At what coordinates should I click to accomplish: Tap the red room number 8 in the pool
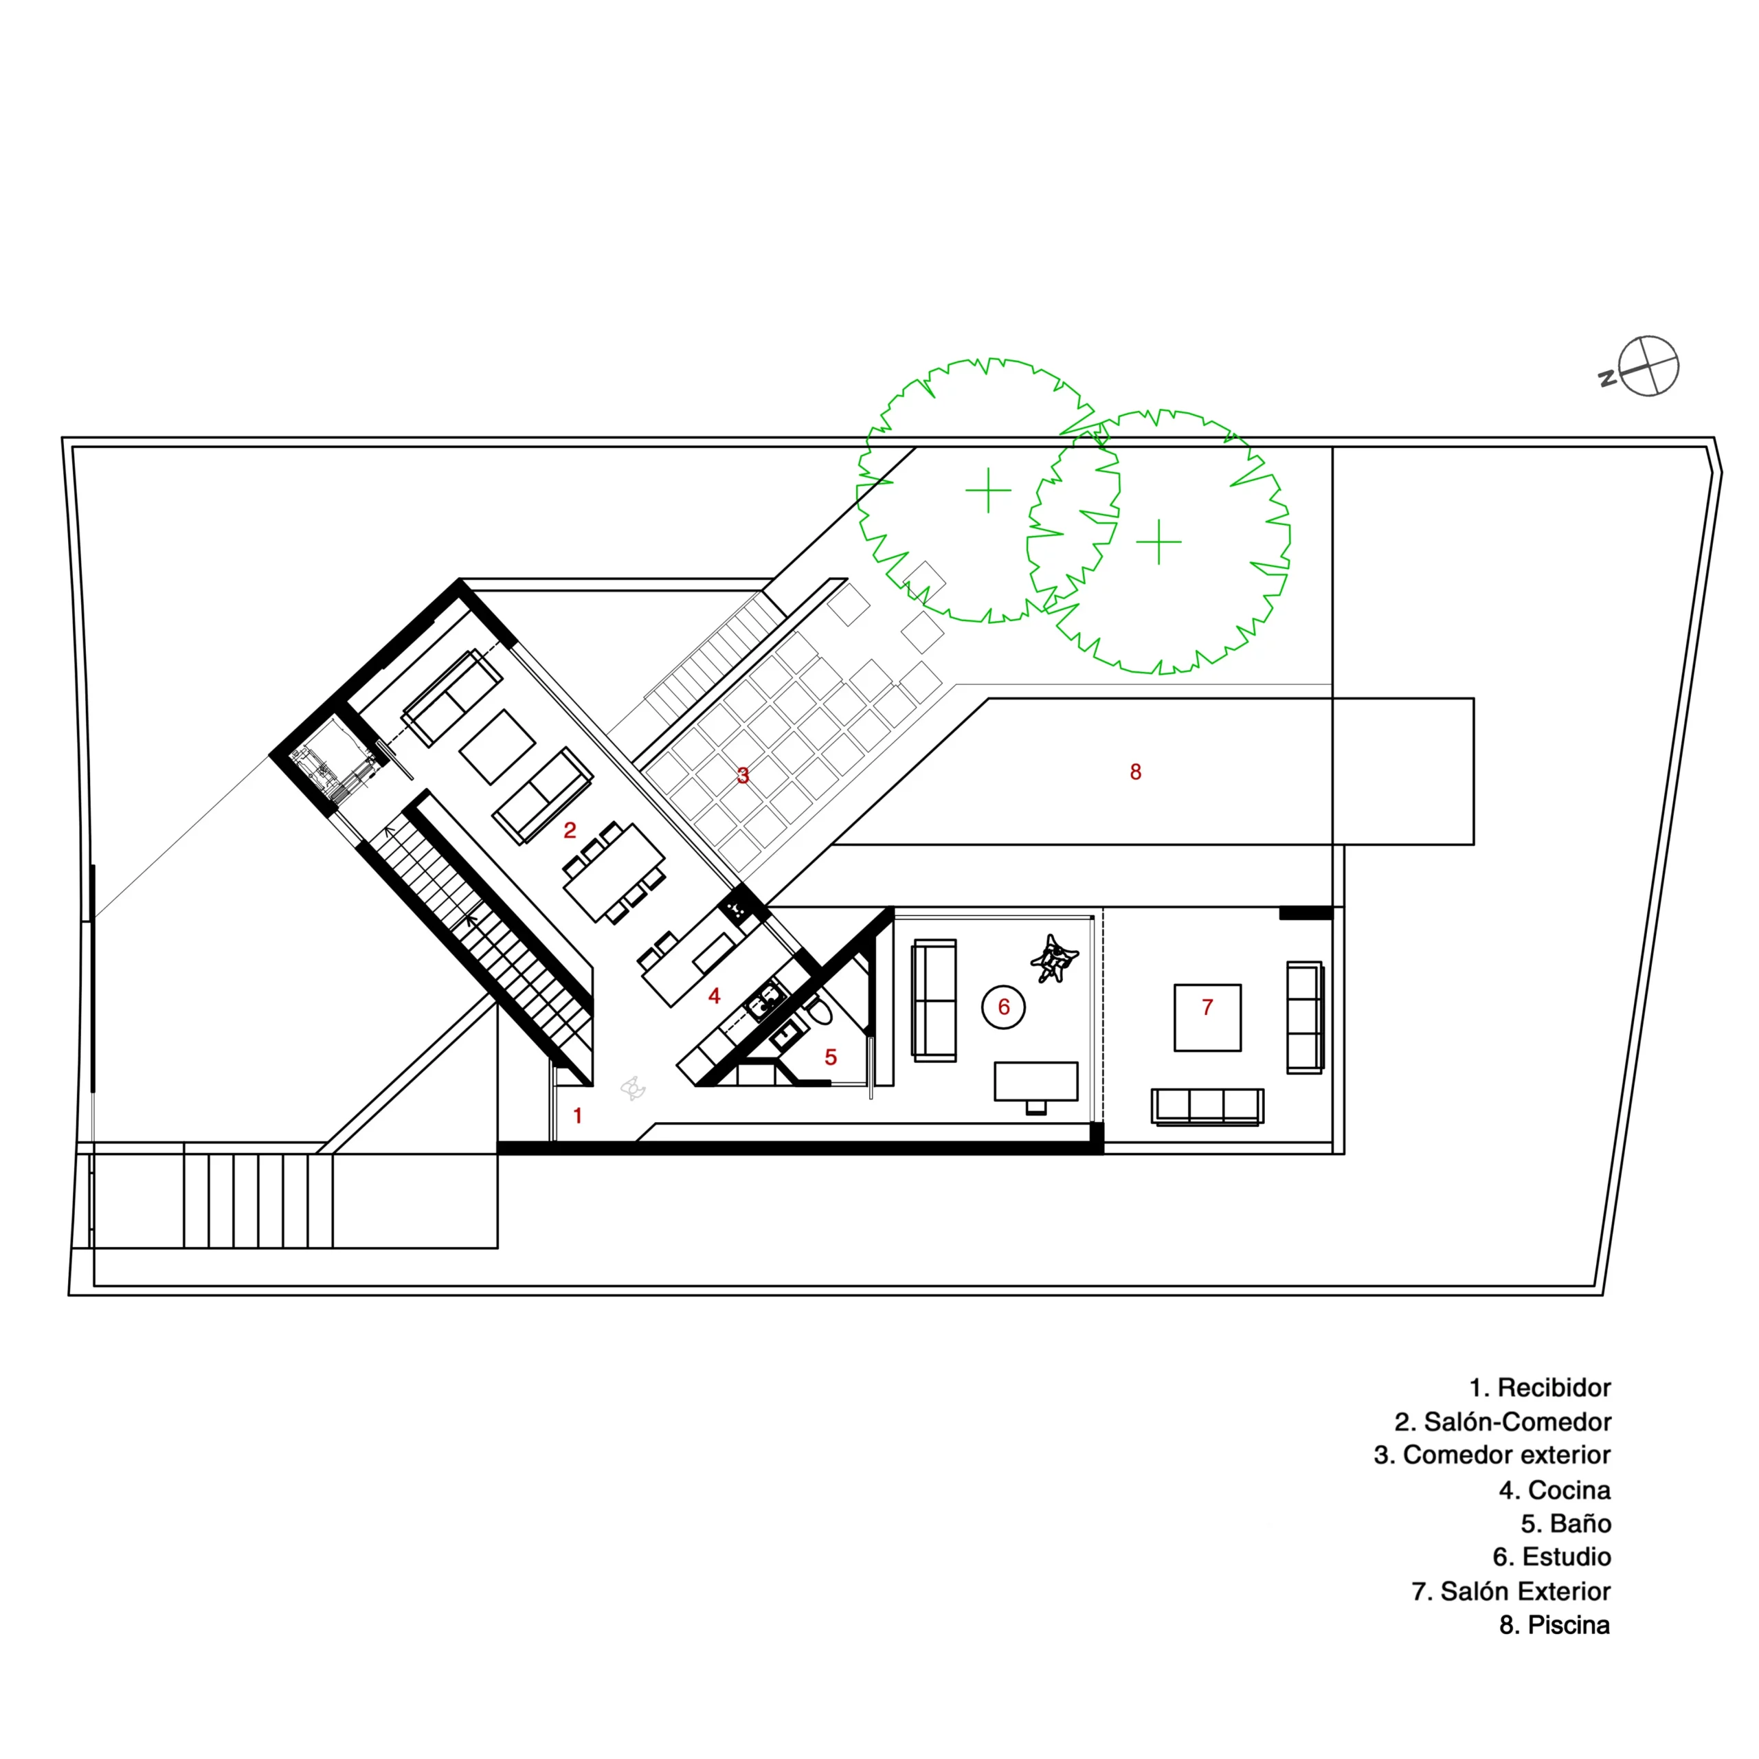coord(1135,772)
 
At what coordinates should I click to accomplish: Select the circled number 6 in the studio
coord(1003,1007)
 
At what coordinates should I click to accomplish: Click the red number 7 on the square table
coord(1207,1007)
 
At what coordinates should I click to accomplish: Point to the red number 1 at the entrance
coord(577,1115)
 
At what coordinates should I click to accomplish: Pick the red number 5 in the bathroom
coord(830,1057)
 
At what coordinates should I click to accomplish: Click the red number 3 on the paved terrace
coord(743,776)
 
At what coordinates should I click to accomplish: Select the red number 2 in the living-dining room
coord(570,830)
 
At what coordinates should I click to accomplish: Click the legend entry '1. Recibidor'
coord(1540,1387)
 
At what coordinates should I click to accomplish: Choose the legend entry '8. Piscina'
coord(1554,1624)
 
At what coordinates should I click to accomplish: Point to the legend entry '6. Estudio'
coord(1551,1557)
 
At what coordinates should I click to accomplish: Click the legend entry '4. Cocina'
coord(1554,1490)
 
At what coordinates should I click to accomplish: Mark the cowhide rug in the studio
coord(1054,959)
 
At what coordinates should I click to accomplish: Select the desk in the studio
coord(1036,1081)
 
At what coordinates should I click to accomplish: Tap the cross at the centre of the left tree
coord(988,491)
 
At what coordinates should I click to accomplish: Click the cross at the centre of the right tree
coord(1159,541)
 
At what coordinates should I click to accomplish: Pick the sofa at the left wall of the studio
coord(934,1000)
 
